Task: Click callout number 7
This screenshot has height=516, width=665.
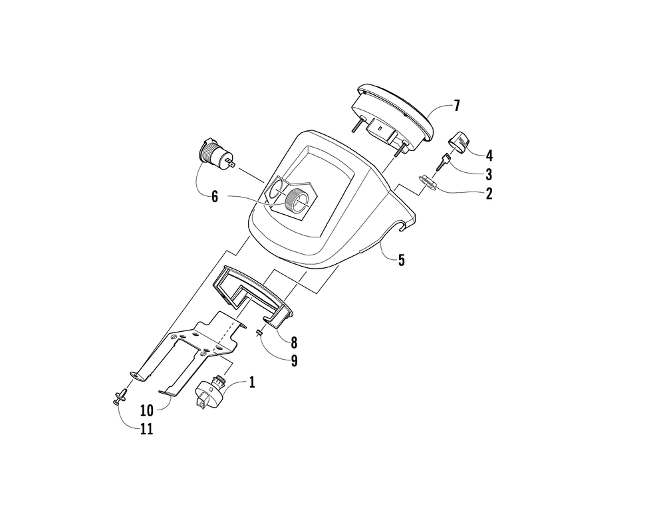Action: click(x=457, y=105)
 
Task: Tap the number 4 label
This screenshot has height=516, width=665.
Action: click(x=489, y=156)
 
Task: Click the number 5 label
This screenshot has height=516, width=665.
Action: click(x=401, y=260)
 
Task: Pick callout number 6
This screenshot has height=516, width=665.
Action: click(x=215, y=197)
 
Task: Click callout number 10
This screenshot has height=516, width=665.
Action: click(x=146, y=410)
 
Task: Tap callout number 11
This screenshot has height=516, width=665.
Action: click(x=146, y=429)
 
